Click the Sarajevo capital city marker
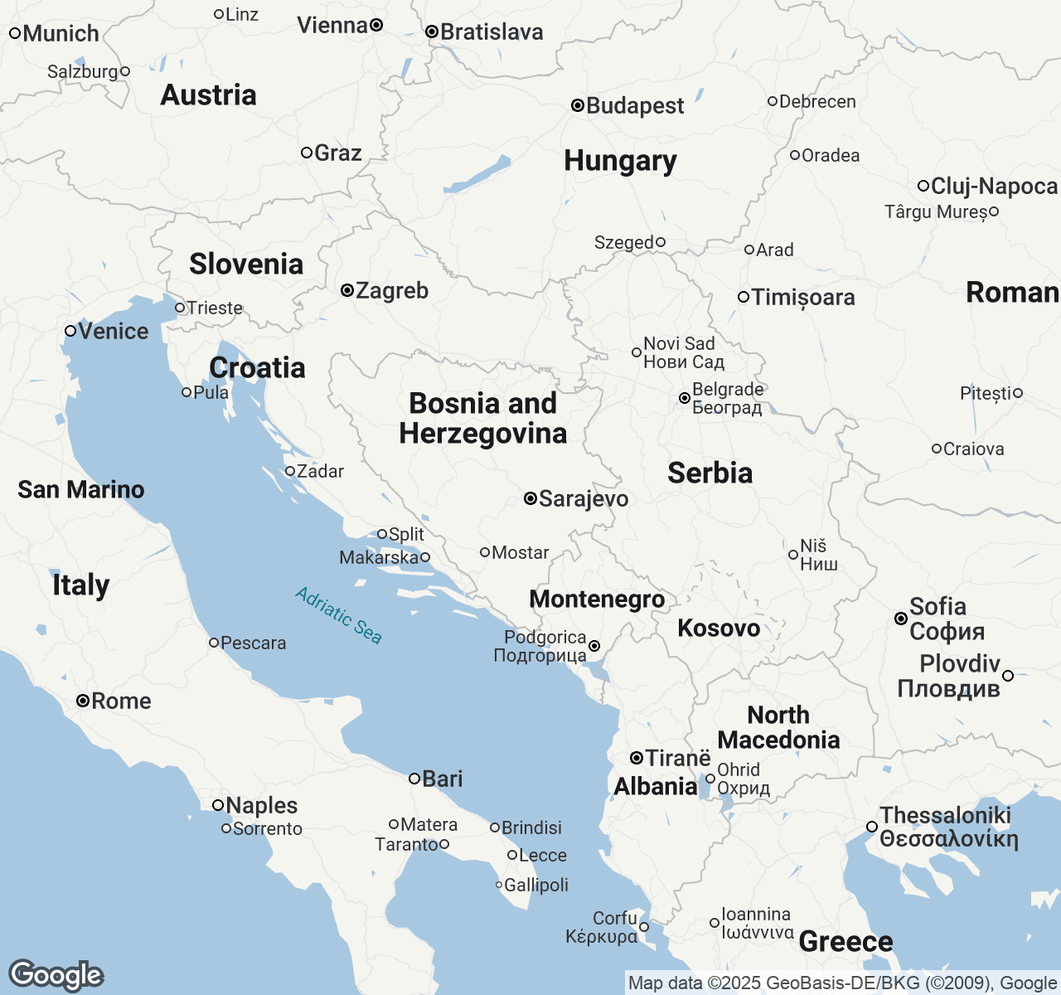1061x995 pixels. tap(530, 498)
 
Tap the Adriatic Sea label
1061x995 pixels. tap(338, 615)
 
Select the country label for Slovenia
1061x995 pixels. tap(246, 264)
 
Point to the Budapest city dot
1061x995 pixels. tap(578, 105)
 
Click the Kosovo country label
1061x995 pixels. tap(719, 628)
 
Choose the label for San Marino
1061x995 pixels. tap(81, 489)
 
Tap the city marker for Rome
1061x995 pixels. tap(83, 701)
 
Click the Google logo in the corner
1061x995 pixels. tap(56, 975)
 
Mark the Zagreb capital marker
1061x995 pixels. tap(347, 290)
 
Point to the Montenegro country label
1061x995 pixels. tap(597, 599)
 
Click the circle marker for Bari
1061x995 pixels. tap(414, 778)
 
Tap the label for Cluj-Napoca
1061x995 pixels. tap(994, 186)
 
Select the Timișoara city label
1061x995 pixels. tap(802, 297)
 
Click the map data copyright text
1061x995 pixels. tap(841, 983)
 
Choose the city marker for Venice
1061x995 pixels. tap(70, 331)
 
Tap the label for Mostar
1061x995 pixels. tap(520, 552)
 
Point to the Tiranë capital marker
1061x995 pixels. tap(636, 758)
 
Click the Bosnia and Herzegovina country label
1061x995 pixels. tap(483, 418)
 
